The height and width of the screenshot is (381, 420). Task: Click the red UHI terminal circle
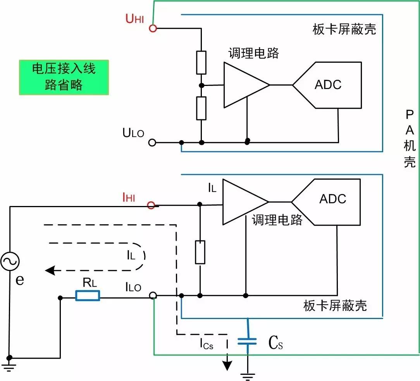tap(153, 28)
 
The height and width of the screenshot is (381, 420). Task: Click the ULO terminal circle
tap(152, 142)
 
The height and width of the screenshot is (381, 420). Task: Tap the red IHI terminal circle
tap(151, 205)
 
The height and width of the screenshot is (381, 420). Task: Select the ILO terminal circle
tap(153, 296)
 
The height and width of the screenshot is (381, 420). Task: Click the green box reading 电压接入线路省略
tap(64, 77)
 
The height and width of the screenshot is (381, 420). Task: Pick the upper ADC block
tap(328, 85)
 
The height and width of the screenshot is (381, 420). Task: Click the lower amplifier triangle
tap(242, 202)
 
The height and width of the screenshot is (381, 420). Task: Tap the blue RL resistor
tap(88, 296)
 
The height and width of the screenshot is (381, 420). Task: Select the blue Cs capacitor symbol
tap(247, 341)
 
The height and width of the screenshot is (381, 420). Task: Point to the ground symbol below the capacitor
tap(247, 374)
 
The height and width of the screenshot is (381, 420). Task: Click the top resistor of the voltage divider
tap(201, 62)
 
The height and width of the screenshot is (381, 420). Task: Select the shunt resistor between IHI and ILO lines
tap(200, 252)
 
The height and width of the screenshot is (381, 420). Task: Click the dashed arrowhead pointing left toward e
tap(49, 270)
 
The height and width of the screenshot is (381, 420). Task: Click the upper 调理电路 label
tap(253, 53)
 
